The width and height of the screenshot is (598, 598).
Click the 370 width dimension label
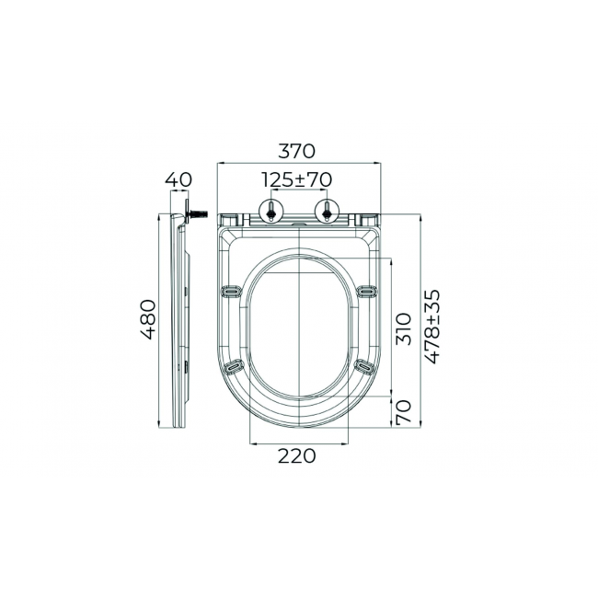click(297, 151)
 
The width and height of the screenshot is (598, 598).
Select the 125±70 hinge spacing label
click(297, 180)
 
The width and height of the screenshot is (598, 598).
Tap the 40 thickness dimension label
click(178, 179)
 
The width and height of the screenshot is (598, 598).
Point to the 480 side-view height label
click(148, 319)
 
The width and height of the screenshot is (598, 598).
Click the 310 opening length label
click(404, 329)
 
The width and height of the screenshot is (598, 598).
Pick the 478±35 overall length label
click(432, 327)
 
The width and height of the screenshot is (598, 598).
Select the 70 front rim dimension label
click(404, 412)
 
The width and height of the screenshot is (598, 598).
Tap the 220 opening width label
click(297, 455)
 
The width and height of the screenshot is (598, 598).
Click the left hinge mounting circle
click(270, 211)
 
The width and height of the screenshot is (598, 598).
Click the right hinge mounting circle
click(327, 211)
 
